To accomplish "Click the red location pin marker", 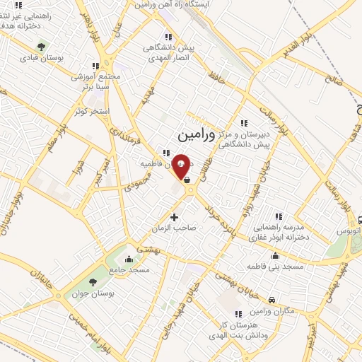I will [x=181, y=166].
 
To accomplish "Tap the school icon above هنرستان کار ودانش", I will [x=238, y=313].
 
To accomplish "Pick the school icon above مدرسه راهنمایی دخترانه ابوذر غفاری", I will [x=279, y=215].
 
